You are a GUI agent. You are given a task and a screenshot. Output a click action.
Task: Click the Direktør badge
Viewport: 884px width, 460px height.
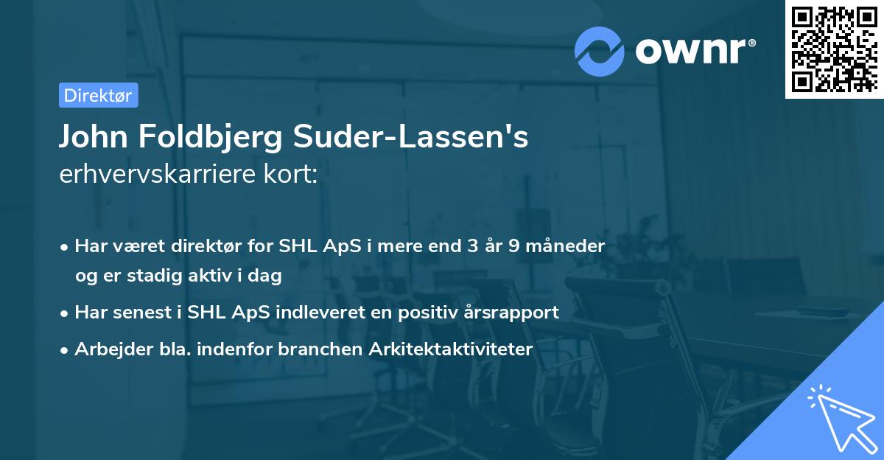coord(98,95)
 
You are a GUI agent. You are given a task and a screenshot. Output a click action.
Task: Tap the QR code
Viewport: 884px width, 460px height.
coord(834,49)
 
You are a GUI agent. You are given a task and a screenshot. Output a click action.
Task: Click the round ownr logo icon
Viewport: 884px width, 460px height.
coord(600,52)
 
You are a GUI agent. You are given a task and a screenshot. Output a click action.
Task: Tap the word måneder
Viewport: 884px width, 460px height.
coord(565,245)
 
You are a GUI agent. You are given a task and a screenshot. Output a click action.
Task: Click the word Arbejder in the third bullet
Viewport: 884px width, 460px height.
coord(108,349)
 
